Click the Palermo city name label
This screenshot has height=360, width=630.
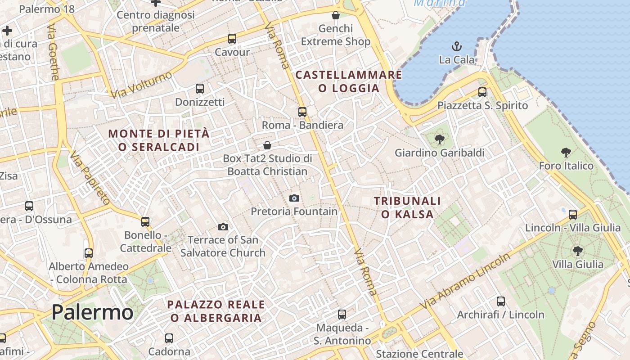pyautogui.click(x=92, y=312)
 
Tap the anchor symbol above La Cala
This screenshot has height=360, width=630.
pyautogui.click(x=457, y=46)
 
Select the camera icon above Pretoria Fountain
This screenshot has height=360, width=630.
pyautogui.click(x=294, y=198)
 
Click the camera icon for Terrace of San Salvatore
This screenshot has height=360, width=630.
pyautogui.click(x=223, y=227)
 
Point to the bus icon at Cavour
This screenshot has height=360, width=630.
pyautogui.click(x=232, y=39)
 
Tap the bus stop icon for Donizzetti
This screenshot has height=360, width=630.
pyautogui.click(x=200, y=89)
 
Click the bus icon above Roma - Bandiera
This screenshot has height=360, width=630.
pyautogui.click(x=302, y=112)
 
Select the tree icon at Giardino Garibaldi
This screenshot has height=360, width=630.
pyautogui.click(x=439, y=139)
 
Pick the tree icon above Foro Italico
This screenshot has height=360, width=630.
pyautogui.click(x=566, y=153)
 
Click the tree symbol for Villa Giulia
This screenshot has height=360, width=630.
pyautogui.click(x=577, y=251)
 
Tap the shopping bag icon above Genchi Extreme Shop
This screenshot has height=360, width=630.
pyautogui.click(x=335, y=15)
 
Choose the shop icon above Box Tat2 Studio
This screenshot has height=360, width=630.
pyautogui.click(x=267, y=145)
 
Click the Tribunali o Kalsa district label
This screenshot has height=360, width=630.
pyautogui.click(x=407, y=207)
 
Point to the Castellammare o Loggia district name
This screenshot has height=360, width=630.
pyautogui.click(x=349, y=81)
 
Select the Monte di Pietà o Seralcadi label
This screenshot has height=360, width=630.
pyautogui.click(x=159, y=140)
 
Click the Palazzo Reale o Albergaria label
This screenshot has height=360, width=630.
pyautogui.click(x=216, y=311)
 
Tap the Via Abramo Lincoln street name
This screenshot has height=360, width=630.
pyautogui.click(x=466, y=281)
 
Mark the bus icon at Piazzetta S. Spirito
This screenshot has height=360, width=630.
pyautogui.click(x=482, y=92)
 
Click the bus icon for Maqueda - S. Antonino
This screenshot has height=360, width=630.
pyautogui.click(x=342, y=315)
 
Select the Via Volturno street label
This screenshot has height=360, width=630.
pyautogui.click(x=141, y=85)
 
